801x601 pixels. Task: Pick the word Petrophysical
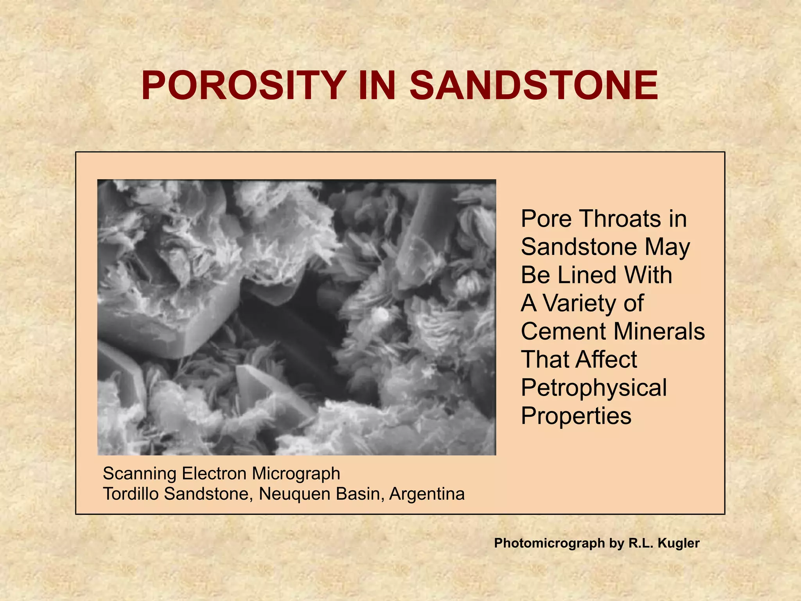pos(594,388)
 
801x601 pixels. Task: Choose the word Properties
pos(576,416)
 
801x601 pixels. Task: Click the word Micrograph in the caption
pos(296,473)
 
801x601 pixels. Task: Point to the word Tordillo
pos(131,494)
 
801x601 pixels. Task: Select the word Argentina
pos(427,494)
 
